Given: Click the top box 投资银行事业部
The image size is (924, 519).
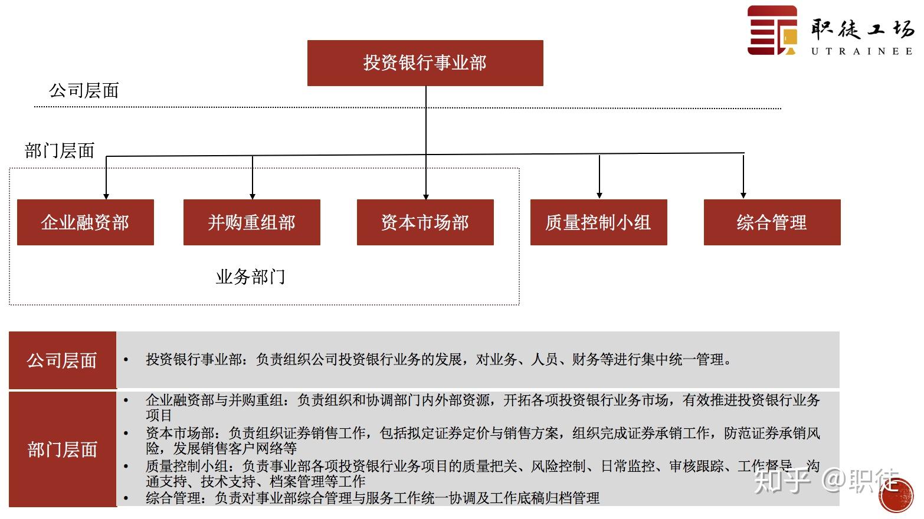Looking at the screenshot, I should point(425,63).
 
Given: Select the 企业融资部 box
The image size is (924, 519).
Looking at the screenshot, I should point(85,222).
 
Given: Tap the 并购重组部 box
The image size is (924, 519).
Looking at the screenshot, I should point(251,222).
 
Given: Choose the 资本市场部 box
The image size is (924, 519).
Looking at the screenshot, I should point(425,222).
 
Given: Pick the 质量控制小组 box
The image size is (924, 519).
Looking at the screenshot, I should point(598,222).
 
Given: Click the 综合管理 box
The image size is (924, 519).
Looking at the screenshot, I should point(772,222).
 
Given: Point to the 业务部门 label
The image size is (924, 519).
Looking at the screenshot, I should point(250,277).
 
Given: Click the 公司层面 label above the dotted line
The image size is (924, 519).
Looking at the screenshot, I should point(84,91).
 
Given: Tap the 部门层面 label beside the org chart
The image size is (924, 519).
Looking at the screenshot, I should point(60,151).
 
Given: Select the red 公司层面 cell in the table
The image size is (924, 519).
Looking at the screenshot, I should point(62,360).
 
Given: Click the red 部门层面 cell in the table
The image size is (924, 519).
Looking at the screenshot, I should point(62,449).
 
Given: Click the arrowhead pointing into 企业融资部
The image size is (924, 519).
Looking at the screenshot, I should point(106,196).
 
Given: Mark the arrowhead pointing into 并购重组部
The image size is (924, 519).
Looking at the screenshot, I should point(253,196).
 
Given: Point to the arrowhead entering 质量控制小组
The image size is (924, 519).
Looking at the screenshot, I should point(599,195).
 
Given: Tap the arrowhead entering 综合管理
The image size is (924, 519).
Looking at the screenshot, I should point(743,195).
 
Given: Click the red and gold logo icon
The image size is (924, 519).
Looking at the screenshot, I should point(772,31).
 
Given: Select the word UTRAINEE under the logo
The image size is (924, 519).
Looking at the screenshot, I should point(862,51).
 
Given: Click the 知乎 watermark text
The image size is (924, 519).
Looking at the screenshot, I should point(782,480).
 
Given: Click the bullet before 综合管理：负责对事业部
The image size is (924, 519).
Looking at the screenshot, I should point(126,499).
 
